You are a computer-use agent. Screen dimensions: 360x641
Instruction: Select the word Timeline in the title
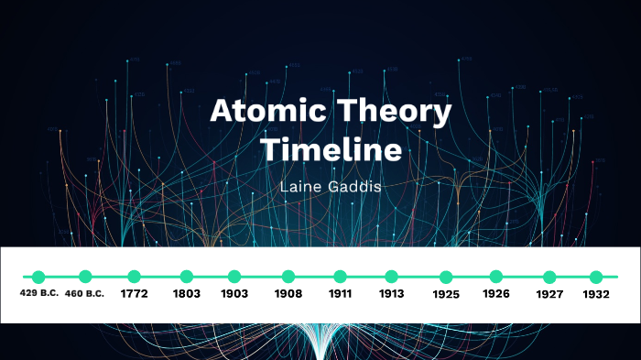click(x=332, y=149)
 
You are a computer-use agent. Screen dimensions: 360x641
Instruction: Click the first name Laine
click(x=306, y=186)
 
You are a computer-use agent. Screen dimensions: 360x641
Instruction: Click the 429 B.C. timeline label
click(x=38, y=294)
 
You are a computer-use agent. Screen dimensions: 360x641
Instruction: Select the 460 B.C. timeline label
click(x=85, y=294)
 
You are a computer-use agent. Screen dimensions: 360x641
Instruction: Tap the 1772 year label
click(x=134, y=295)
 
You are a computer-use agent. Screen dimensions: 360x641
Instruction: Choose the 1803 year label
click(x=187, y=295)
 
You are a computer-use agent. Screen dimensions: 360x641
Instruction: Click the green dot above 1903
click(x=234, y=276)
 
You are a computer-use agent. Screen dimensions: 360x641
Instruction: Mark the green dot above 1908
click(x=288, y=276)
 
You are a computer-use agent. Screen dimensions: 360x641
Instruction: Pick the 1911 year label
click(x=340, y=295)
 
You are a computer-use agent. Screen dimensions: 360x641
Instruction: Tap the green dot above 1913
click(x=392, y=276)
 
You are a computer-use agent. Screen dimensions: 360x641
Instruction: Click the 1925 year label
click(x=446, y=295)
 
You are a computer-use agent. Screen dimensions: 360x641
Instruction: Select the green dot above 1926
click(x=496, y=276)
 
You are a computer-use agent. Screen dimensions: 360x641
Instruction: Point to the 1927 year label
click(x=549, y=295)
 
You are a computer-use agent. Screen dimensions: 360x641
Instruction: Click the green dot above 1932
click(x=596, y=276)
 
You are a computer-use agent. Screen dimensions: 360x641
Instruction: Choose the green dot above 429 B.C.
click(x=38, y=276)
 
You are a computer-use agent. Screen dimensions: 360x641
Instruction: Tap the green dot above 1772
click(x=134, y=276)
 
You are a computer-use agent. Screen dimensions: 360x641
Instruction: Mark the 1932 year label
click(x=596, y=295)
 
